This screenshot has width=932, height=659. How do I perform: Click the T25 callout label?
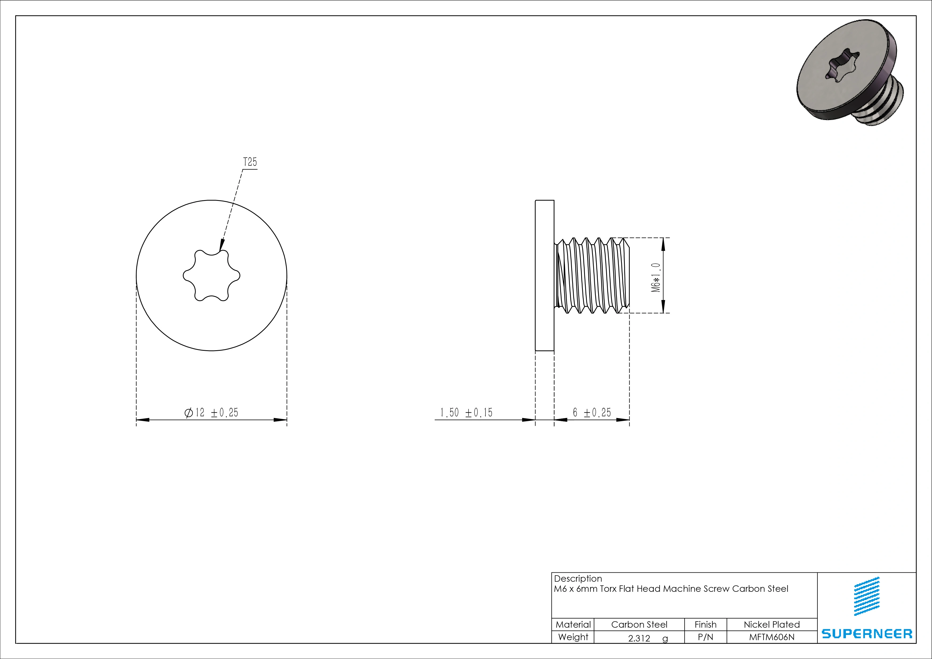(x=250, y=162)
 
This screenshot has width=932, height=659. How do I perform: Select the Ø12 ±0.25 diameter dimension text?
(x=211, y=413)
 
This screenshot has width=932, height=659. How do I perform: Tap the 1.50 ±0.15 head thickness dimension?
(x=466, y=413)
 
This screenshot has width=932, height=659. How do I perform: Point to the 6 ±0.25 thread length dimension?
(x=592, y=413)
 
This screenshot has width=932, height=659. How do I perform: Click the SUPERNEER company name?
(x=867, y=634)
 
